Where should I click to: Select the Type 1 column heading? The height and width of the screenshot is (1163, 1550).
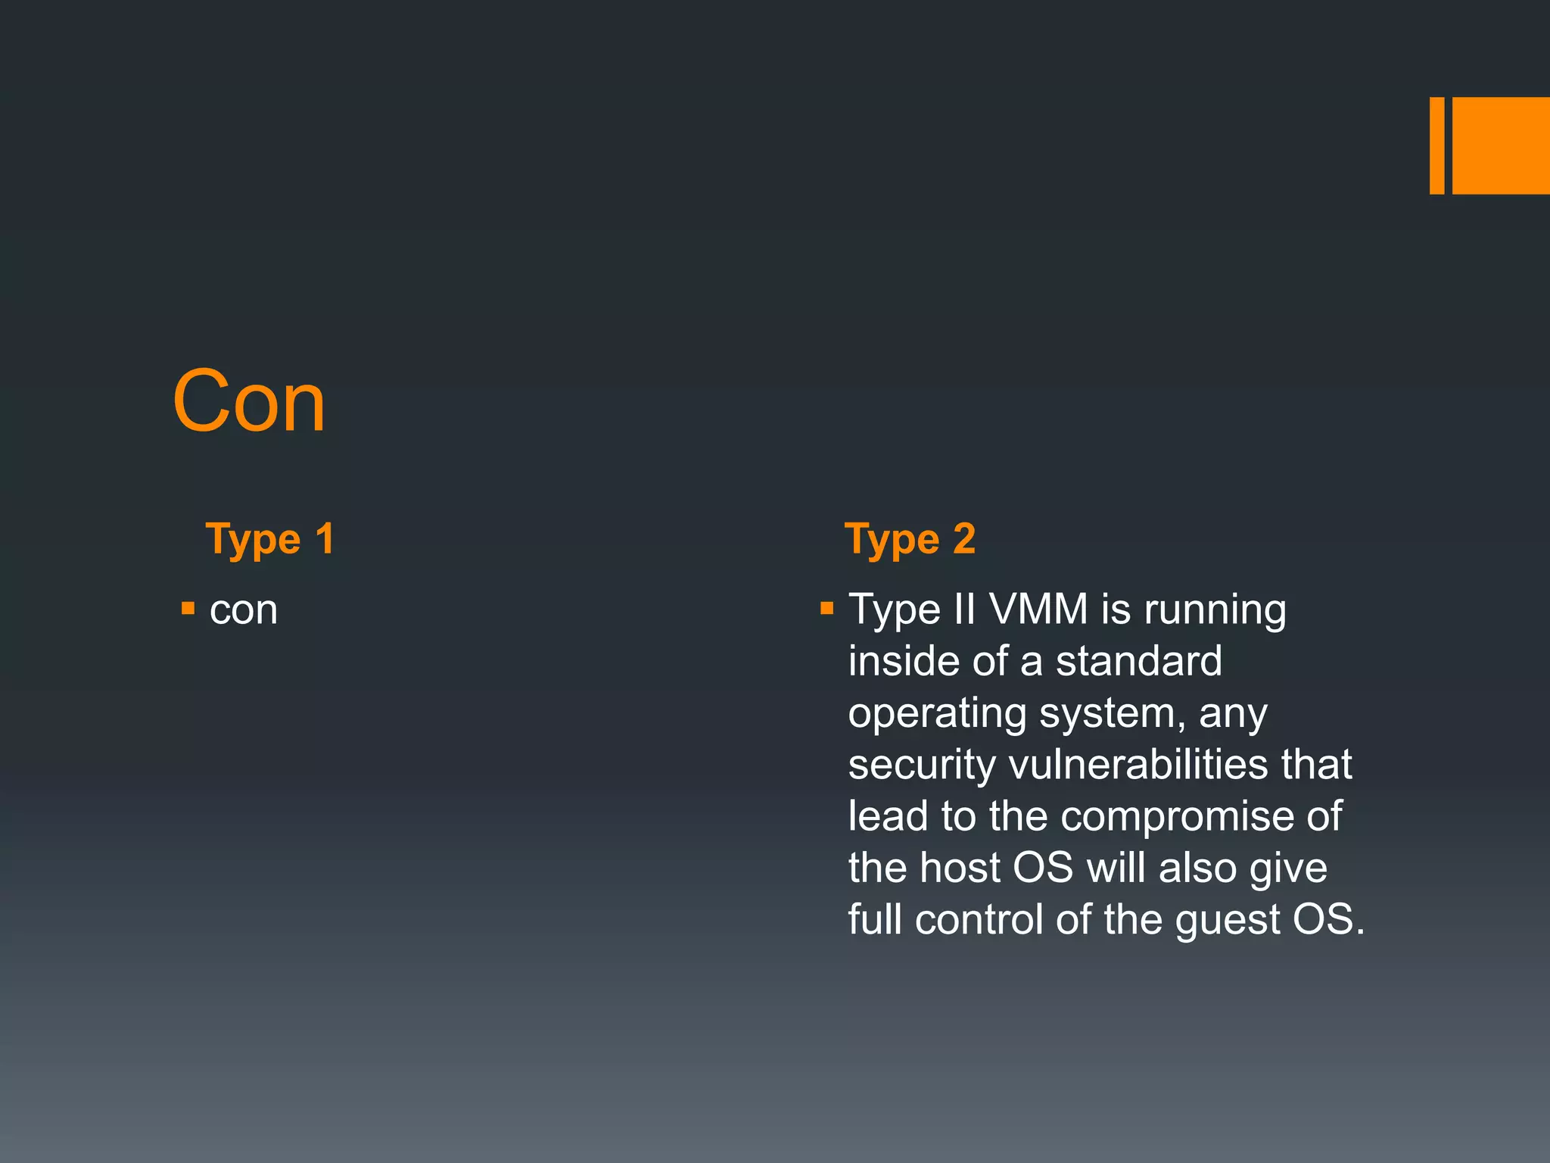coord(269,540)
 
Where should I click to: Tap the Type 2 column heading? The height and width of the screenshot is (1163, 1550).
coord(910,540)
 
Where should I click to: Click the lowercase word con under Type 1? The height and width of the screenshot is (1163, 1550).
coord(244,610)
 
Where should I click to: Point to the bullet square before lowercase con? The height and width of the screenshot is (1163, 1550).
coord(188,608)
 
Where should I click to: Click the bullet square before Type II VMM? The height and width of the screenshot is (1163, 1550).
coord(826,608)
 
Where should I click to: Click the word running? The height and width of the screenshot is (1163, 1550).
coord(1215,610)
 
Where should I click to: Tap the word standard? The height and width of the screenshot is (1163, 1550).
coord(1138,661)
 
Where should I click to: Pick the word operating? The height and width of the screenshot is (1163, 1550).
coord(936,714)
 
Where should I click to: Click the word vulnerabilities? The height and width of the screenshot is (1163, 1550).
coord(1138,764)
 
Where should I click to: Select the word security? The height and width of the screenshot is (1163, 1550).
coord(922,765)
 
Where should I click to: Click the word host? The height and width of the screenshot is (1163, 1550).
coord(960,868)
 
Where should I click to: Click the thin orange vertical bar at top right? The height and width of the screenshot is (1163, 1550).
coord(1436,145)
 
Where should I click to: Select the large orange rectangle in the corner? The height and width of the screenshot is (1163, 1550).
coord(1501,145)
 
